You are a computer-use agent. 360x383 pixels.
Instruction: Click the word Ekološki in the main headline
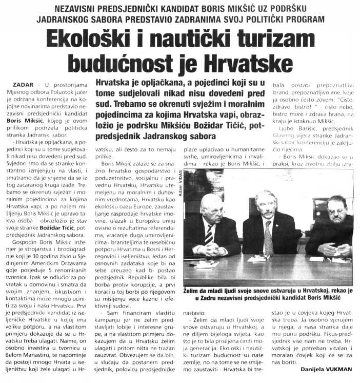pos(92,40)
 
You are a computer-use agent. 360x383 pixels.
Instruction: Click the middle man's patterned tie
pos(268,237)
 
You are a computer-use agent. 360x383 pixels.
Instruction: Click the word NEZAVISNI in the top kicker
pos(90,8)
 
